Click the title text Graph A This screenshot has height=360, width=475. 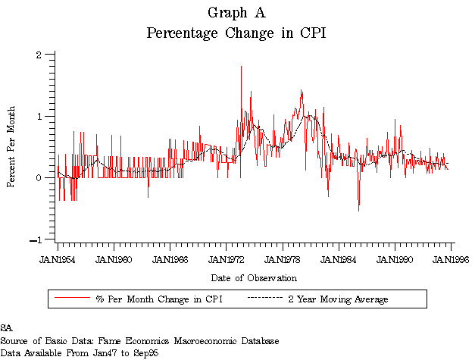pos(236,13)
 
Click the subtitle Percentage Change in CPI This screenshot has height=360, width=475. pos(236,33)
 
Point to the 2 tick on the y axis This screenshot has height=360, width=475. pos(39,55)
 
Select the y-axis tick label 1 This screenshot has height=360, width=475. pos(39,116)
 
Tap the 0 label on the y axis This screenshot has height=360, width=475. pos(39,178)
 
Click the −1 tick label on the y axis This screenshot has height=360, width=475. pos(36,240)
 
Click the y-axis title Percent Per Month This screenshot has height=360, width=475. pos(11,147)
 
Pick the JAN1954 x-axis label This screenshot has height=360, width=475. pos(58,259)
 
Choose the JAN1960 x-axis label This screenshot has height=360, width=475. pos(114,259)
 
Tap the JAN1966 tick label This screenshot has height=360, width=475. pos(170,259)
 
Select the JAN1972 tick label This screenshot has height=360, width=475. pos(227,259)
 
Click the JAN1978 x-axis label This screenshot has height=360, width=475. pos(283,259)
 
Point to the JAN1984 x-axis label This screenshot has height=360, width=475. pos(339,259)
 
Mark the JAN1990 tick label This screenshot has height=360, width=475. pos(395,259)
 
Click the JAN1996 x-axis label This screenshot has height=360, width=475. pos(450,259)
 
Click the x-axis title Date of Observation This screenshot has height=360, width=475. pos(254,278)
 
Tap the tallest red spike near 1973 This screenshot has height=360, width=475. pos(241,67)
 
